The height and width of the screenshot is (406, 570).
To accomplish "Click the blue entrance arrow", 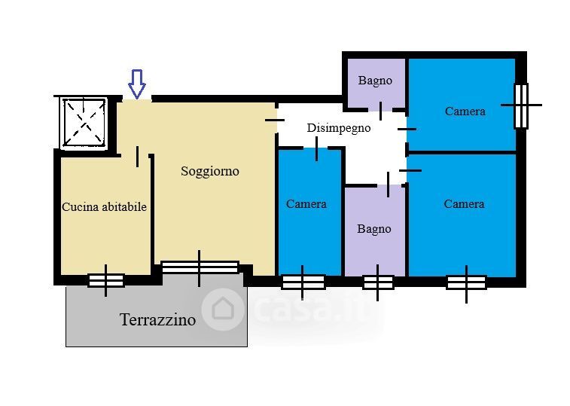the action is click(x=137, y=84).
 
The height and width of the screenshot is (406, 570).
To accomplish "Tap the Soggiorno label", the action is click(x=210, y=171).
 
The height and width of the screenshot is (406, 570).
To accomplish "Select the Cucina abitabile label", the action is click(x=105, y=207).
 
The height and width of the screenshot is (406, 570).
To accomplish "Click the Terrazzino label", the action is click(x=158, y=320).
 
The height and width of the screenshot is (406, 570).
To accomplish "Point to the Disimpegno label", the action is click(x=339, y=128).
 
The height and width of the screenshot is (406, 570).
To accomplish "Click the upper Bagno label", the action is click(x=375, y=81).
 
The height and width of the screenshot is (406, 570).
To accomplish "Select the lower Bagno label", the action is click(x=374, y=229).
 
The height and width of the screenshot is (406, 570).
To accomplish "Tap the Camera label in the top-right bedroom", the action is click(x=465, y=111).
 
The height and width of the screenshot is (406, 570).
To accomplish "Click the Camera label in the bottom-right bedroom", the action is click(x=465, y=204).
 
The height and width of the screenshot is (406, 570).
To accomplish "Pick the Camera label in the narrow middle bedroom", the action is click(x=306, y=204).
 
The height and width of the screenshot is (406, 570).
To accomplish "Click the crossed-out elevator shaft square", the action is click(x=84, y=123).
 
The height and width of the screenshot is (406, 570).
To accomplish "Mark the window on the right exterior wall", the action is click(x=521, y=106).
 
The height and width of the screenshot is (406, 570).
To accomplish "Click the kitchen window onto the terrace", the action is click(x=106, y=281).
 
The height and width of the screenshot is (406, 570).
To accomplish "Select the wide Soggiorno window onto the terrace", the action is click(x=200, y=267).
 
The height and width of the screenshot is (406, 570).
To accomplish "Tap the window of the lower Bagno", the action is click(x=378, y=282).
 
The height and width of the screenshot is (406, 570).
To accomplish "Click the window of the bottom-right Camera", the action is click(x=466, y=282).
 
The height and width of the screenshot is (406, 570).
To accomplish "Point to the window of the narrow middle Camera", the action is click(x=303, y=282).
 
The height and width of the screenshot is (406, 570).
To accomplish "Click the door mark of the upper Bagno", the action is click(x=380, y=111).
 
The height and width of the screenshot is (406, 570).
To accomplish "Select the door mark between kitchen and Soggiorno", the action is click(x=137, y=157).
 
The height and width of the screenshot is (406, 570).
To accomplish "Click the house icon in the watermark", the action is click(x=222, y=309).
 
